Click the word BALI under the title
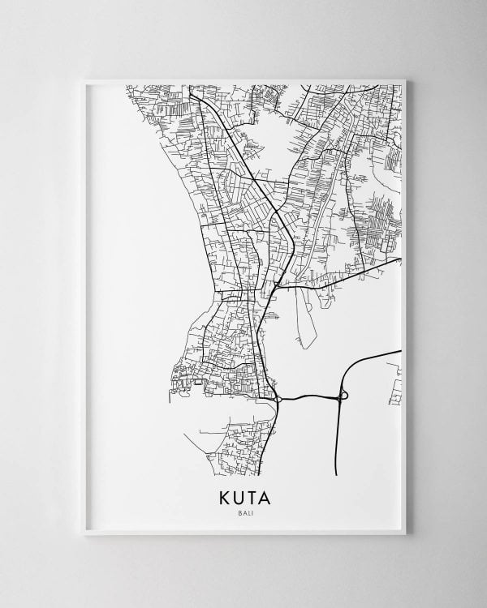click(243, 513)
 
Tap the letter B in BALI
click(237, 513)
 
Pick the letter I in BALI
click(250, 513)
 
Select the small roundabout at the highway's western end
click(278, 399)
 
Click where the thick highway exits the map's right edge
click(400, 352)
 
